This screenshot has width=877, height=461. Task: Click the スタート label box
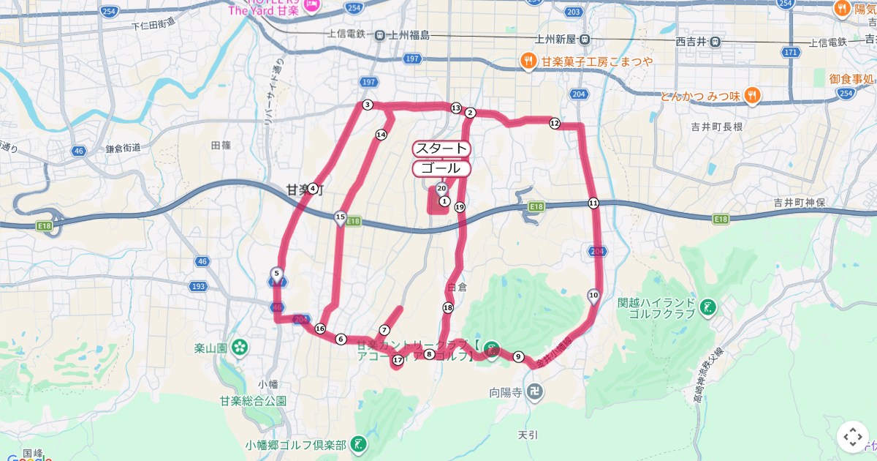(x=441, y=149)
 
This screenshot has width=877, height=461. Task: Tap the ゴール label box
(x=441, y=168)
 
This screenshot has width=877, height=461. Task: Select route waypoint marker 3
(x=368, y=105)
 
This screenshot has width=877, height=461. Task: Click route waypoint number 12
(x=555, y=124)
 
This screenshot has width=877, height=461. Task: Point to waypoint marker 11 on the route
(x=593, y=203)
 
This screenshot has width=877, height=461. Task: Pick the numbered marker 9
(x=518, y=356)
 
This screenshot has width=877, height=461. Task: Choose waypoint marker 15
(x=340, y=217)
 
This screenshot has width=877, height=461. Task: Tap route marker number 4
(x=313, y=188)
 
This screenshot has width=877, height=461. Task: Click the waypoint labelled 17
(x=398, y=360)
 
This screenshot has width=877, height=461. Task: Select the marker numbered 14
(x=381, y=135)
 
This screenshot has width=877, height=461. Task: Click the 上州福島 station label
(x=409, y=35)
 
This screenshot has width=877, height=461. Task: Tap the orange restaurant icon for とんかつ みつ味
(x=753, y=96)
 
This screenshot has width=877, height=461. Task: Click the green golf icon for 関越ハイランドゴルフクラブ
(x=707, y=307)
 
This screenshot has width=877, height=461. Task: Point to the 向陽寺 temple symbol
(x=536, y=391)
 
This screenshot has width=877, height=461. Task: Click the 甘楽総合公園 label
(x=253, y=401)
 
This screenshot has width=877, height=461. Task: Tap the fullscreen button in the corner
(x=853, y=437)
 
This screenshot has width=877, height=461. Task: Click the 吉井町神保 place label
(x=800, y=203)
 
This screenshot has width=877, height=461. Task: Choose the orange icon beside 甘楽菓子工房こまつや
(x=528, y=61)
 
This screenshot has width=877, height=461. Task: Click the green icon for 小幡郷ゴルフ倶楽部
(x=358, y=443)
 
